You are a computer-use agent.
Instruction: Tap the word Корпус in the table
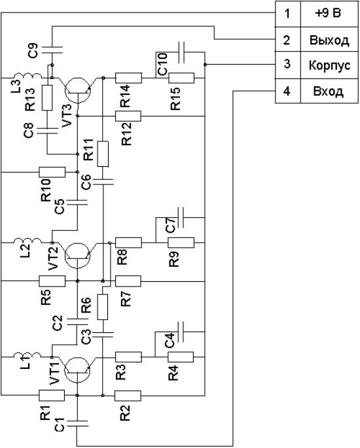point(329,65)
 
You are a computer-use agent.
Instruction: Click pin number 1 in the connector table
point(287,14)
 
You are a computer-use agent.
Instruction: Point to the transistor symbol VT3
point(78,90)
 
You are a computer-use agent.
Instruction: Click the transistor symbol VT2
point(78,255)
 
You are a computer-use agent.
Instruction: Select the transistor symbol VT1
point(77,370)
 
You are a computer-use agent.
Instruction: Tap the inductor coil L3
point(27,75)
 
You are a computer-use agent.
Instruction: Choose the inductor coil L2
point(27,240)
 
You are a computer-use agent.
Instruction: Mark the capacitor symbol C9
point(52,50)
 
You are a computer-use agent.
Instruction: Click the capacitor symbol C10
point(181,52)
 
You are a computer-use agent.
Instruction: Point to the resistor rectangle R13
point(47,97)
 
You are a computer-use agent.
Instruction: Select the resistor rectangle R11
point(103,154)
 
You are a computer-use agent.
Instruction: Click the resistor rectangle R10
point(52,172)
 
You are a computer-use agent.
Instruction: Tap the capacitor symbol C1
point(77,423)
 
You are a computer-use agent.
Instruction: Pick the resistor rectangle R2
point(128,396)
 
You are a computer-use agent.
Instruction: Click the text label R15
point(175,98)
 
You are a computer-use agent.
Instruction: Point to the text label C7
point(170,225)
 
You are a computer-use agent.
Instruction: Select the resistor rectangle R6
point(103,307)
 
